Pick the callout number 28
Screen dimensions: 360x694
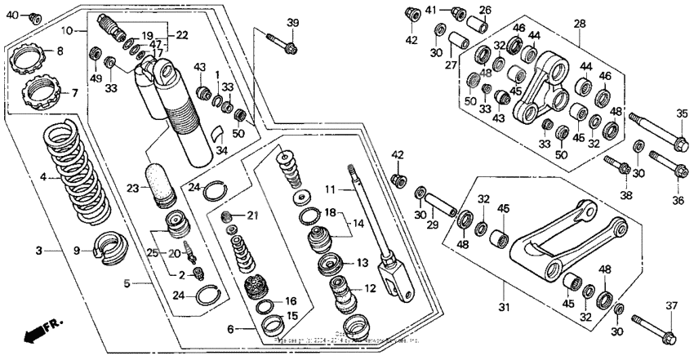tap(581, 24)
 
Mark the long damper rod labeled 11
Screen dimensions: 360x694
tap(369, 220)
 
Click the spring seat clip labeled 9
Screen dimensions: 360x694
tap(108, 247)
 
